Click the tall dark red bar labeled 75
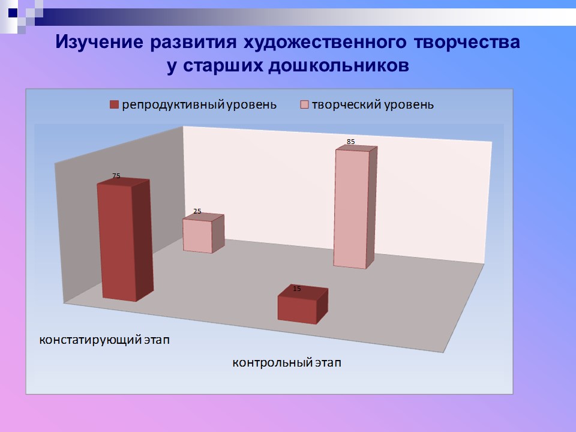coord(117,241)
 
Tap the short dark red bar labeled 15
coord(297,309)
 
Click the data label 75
coord(116,176)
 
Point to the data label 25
coord(197,211)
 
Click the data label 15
coord(297,289)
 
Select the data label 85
coord(351,142)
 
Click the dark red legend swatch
coord(115,105)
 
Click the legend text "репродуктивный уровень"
coord(199,105)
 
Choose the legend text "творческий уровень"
coord(373,105)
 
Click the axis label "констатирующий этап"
coord(105,340)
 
